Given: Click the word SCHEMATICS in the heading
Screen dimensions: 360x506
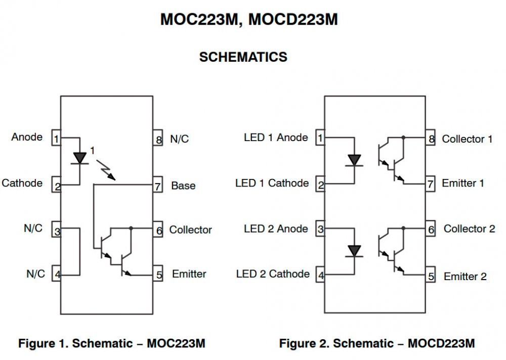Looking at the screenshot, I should (x=243, y=57).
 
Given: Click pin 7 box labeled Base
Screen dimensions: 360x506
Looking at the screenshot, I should (x=157, y=186).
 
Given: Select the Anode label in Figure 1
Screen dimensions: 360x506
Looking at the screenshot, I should (x=27, y=137).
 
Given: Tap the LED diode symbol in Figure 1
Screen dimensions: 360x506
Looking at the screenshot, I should (x=79, y=158).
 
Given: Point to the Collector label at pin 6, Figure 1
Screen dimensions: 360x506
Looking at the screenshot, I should (x=190, y=230).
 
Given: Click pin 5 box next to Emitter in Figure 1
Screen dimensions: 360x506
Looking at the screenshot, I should (x=157, y=275).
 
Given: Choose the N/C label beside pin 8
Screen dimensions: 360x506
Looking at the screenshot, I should (x=179, y=139).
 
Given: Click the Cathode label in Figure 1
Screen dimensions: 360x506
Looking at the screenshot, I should (x=22, y=183).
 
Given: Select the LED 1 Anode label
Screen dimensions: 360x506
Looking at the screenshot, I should (x=276, y=138).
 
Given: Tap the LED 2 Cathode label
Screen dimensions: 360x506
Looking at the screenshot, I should (x=273, y=274).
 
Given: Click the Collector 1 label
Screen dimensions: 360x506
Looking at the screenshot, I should (x=467, y=139).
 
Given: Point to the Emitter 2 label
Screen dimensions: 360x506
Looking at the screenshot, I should (x=465, y=277).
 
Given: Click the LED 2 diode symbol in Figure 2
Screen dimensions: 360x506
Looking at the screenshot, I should (x=354, y=251).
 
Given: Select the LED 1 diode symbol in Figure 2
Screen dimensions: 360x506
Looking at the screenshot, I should (x=354, y=160).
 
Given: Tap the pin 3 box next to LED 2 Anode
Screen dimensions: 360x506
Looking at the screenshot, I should (x=320, y=230).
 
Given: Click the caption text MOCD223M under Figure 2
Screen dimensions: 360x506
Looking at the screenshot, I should (x=441, y=344).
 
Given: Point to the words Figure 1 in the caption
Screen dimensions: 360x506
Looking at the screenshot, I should (x=43, y=344).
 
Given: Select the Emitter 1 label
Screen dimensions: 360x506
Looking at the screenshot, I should (x=463, y=183).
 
